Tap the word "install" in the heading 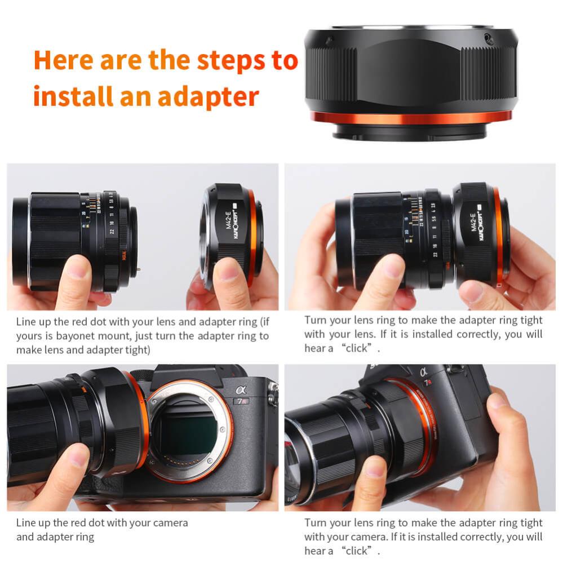(71, 96)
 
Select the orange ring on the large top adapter (411, 117)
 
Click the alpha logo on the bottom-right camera (423, 372)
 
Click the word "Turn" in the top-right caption (315, 320)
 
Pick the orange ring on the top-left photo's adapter (251, 237)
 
